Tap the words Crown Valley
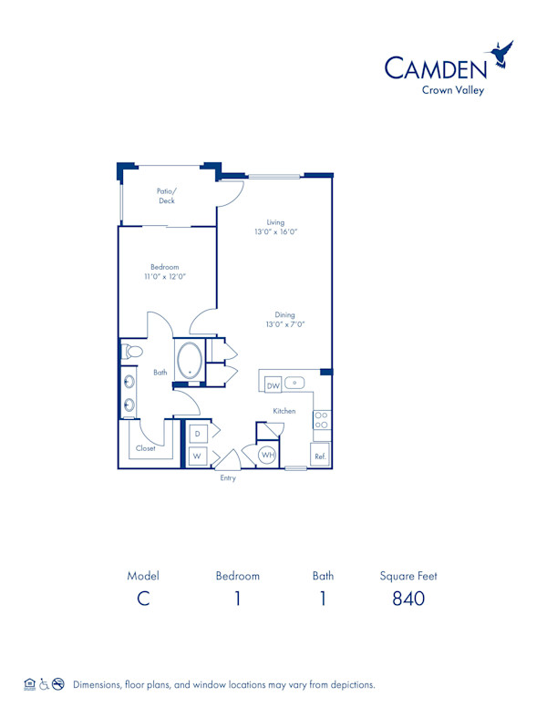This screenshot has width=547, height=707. click(452, 89)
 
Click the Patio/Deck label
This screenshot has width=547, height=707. click(166, 196)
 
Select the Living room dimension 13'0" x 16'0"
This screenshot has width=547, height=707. click(275, 232)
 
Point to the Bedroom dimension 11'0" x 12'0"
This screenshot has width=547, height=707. click(164, 276)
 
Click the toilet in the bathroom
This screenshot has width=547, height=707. click(132, 351)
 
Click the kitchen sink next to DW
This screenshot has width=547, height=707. click(295, 383)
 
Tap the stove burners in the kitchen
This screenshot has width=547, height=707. click(322, 420)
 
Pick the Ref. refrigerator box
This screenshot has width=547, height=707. click(320, 456)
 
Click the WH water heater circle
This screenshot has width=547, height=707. click(267, 455)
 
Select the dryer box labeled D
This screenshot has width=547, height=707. click(197, 432)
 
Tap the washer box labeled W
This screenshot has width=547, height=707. click(197, 456)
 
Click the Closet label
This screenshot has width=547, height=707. click(145, 448)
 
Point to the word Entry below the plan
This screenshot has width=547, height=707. click(228, 478)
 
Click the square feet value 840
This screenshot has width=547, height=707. click(408, 599)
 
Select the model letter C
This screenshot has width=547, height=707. click(143, 599)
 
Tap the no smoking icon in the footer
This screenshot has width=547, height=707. click(57, 684)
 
